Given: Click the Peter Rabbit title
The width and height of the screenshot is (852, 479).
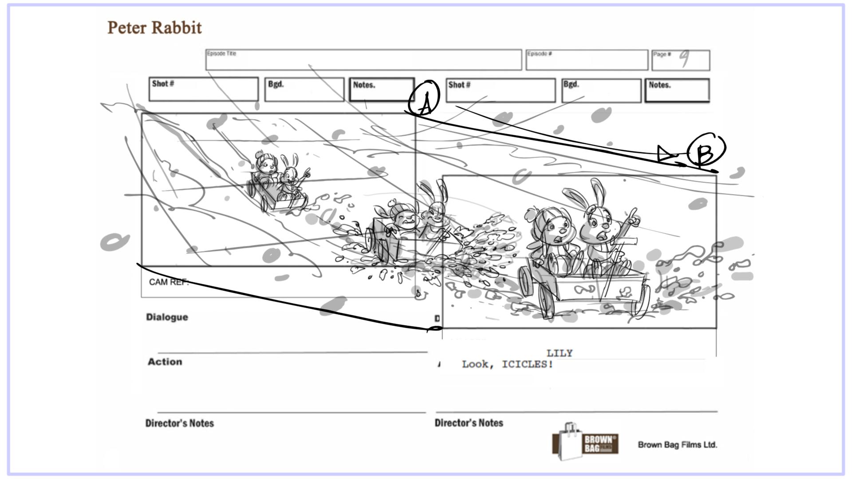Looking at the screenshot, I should (154, 27).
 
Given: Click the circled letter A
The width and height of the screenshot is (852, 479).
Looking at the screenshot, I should (424, 98).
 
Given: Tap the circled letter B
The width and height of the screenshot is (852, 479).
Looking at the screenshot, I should (706, 150).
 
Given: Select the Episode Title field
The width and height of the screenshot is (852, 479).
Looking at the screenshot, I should (363, 60).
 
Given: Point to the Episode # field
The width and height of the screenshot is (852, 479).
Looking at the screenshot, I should (587, 60).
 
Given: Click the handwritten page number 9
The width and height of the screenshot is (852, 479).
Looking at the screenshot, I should (685, 58).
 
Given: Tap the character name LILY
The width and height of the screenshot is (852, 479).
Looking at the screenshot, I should (559, 353).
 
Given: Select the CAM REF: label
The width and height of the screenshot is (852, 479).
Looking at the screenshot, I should (169, 282).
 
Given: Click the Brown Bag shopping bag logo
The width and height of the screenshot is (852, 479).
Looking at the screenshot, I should (584, 442).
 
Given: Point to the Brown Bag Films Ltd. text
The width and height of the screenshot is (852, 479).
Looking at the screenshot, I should (677, 444).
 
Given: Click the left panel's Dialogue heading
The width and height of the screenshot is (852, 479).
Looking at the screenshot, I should (167, 317).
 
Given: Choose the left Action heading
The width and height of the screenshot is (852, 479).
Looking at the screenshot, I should (165, 362).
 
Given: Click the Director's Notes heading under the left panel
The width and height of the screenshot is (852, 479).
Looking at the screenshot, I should (179, 423).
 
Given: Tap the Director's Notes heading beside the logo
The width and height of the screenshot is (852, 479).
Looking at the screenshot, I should (469, 423).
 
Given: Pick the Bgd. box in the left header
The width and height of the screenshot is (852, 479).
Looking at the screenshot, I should (304, 90).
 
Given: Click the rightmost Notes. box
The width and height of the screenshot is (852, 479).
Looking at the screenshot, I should (677, 90).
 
